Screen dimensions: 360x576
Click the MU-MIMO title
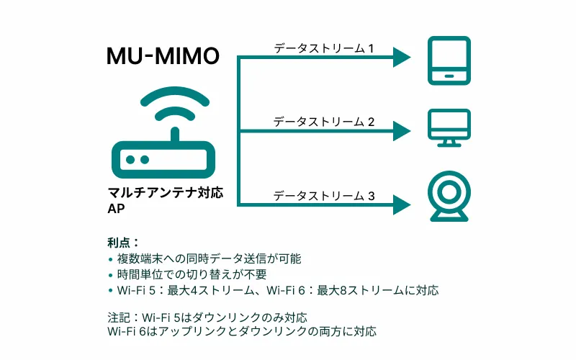click(163, 57)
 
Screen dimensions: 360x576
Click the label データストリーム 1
click(324, 48)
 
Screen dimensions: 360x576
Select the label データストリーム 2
click(324, 122)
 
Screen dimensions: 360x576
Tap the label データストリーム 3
click(324, 195)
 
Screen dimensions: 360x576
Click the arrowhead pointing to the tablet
click(401, 58)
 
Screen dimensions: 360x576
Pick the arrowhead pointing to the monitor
click(401, 131)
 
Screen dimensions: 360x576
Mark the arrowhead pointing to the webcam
click(401, 204)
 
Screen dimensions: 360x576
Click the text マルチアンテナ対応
click(165, 193)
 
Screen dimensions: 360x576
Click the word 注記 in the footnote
click(119, 317)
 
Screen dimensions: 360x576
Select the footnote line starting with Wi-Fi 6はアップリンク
click(241, 332)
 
